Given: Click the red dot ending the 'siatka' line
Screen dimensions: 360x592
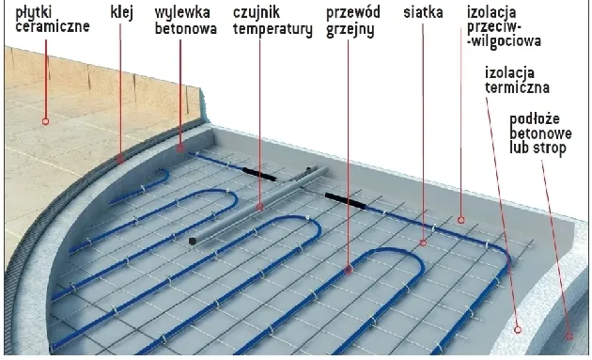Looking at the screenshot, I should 423,241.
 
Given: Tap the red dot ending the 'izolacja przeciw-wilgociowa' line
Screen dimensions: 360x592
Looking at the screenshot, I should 461,219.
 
